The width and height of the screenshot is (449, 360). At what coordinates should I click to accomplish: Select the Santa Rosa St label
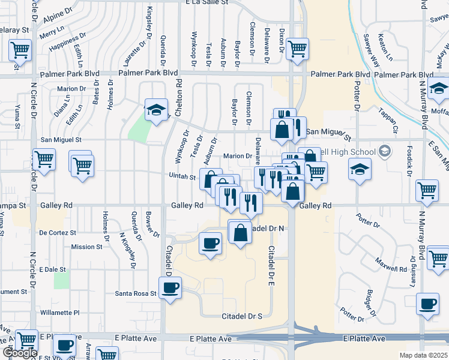[x=136, y=294]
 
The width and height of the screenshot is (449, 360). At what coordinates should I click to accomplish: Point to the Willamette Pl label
[x=59, y=313]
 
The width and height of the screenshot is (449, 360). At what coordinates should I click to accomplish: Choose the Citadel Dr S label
[x=243, y=316]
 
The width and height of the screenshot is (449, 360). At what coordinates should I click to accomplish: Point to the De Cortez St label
[x=58, y=232]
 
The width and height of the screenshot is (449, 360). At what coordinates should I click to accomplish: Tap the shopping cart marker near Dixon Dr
[x=297, y=49]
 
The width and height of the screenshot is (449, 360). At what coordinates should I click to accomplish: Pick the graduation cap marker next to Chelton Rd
[x=156, y=110]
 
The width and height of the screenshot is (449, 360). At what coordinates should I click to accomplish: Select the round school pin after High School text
[x=385, y=152]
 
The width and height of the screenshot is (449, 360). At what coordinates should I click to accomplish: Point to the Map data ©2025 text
[x=424, y=355]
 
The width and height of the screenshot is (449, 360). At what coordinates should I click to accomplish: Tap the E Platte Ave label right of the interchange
[x=364, y=339]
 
